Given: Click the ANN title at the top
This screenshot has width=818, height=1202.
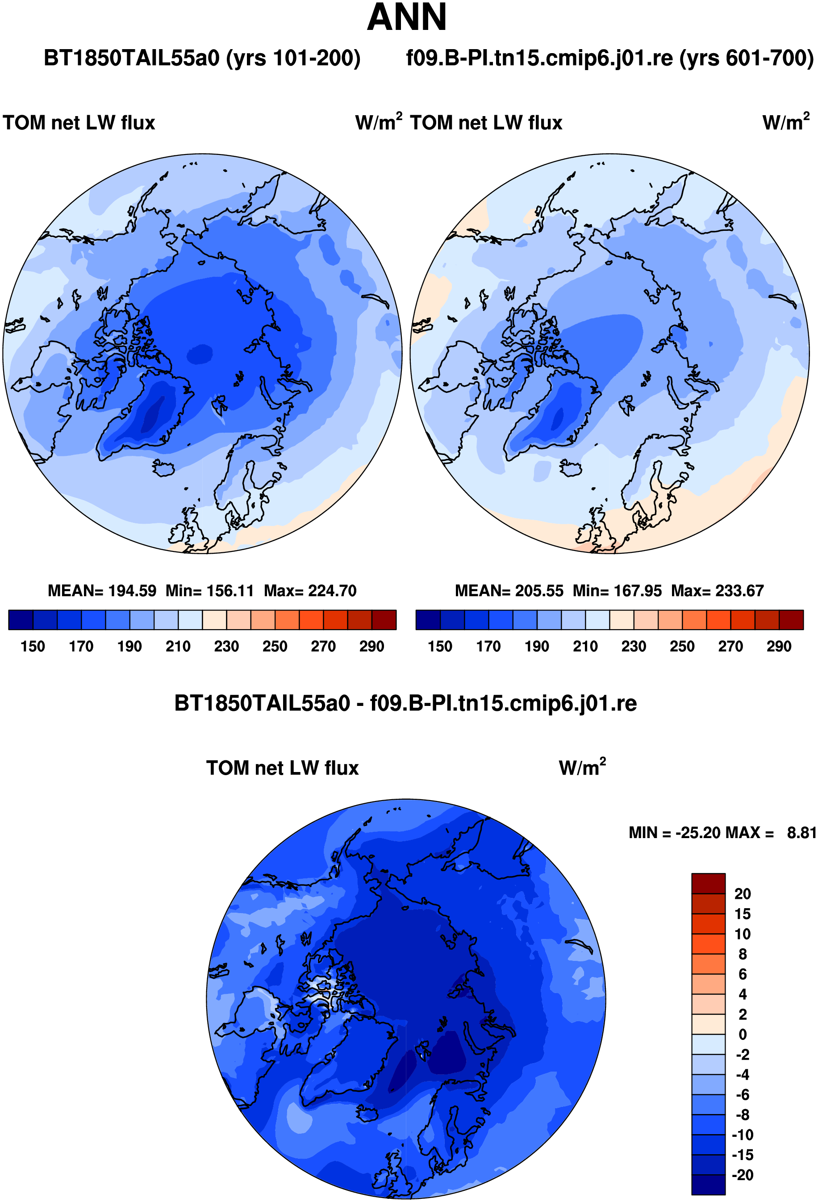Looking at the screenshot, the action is pos(406,17).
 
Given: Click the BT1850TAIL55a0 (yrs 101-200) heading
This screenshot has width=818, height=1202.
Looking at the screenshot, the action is pos(202,58).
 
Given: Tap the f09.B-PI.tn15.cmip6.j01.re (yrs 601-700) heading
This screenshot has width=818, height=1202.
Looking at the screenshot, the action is pos(609,58).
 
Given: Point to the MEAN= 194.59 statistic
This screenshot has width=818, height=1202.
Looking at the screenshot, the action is pos(102,591).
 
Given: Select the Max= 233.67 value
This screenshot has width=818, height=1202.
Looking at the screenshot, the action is pos(717,591).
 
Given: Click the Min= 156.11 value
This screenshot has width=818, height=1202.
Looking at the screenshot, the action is pos(210,591).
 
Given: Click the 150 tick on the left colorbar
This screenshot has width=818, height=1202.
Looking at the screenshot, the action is pos(33,647).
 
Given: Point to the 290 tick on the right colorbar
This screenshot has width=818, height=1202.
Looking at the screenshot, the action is pos(779,647).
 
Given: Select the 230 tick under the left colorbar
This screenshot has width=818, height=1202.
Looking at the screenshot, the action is pos(226,647).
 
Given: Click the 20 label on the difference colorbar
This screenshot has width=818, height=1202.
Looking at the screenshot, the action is pos(743,894).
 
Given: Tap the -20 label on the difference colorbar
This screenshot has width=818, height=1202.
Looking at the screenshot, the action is pos(743,1175).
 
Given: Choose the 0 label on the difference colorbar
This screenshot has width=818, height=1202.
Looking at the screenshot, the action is pos(743,1035).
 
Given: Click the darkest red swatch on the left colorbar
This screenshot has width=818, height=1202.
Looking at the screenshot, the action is pos(384,620).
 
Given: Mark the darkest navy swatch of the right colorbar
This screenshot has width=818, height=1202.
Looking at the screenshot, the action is pos(428,620).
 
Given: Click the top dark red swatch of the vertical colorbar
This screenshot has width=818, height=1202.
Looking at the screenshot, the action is pos(708,883).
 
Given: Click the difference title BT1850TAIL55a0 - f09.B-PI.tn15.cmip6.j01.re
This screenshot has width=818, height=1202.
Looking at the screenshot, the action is pos(405,703).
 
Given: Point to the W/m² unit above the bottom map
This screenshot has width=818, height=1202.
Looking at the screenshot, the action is pos(582,767).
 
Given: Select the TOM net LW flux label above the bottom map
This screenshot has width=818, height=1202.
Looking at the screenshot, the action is pos(282,768).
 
